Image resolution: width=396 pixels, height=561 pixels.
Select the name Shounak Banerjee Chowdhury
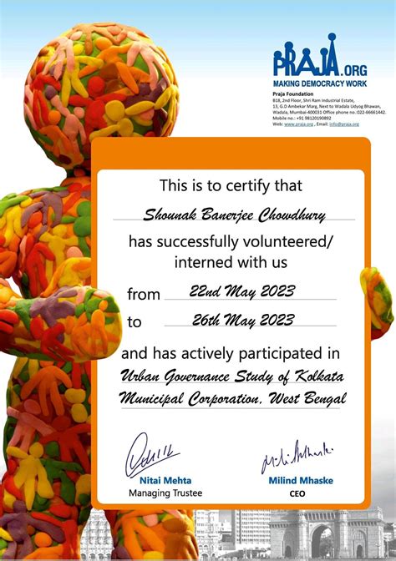[236, 215]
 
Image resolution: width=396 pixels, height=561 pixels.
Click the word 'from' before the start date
[143, 294]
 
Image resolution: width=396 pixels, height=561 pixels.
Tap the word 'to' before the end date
[135, 321]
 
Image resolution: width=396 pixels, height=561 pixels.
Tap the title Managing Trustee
[165, 493]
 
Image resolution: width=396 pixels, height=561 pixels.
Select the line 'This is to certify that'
[231, 186]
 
